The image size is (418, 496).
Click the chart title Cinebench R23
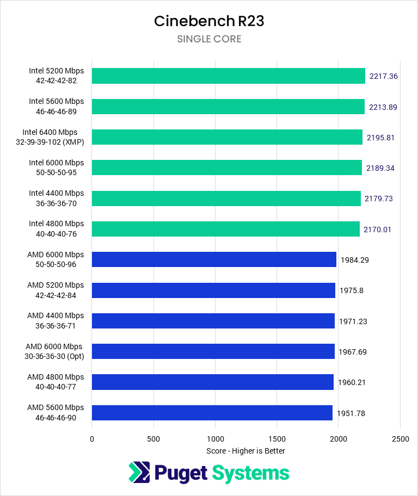(x=209, y=21)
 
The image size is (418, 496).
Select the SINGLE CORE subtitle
(x=209, y=39)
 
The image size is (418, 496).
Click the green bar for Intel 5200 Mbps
(x=228, y=76)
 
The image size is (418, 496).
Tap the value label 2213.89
(x=383, y=107)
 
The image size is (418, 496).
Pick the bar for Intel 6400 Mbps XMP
(x=227, y=137)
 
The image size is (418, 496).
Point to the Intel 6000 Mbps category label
(x=56, y=168)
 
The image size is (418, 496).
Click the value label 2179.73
(x=378, y=199)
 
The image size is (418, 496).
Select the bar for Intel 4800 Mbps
(x=225, y=229)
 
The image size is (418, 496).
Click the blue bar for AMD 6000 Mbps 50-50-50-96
(x=214, y=259)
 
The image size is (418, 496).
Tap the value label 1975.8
(x=351, y=290)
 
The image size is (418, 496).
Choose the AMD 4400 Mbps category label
(x=56, y=320)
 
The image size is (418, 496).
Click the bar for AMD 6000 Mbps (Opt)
(x=213, y=351)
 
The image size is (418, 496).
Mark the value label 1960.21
(x=351, y=382)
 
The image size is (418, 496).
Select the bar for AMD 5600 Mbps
(x=212, y=413)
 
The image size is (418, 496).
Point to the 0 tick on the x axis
(x=92, y=439)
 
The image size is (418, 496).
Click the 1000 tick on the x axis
(x=215, y=439)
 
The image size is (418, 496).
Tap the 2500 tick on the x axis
(x=400, y=439)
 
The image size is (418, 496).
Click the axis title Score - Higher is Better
(x=245, y=451)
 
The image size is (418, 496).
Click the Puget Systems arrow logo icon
(x=139, y=472)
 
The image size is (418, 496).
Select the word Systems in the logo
(x=250, y=473)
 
